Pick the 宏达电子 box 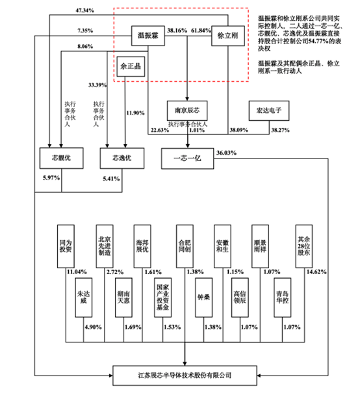point(267,108)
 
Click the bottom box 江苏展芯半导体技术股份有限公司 point(185,375)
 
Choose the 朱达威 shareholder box point(83,298)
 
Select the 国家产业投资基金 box point(162,297)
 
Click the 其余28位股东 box point(301,242)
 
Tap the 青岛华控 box point(282,298)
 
